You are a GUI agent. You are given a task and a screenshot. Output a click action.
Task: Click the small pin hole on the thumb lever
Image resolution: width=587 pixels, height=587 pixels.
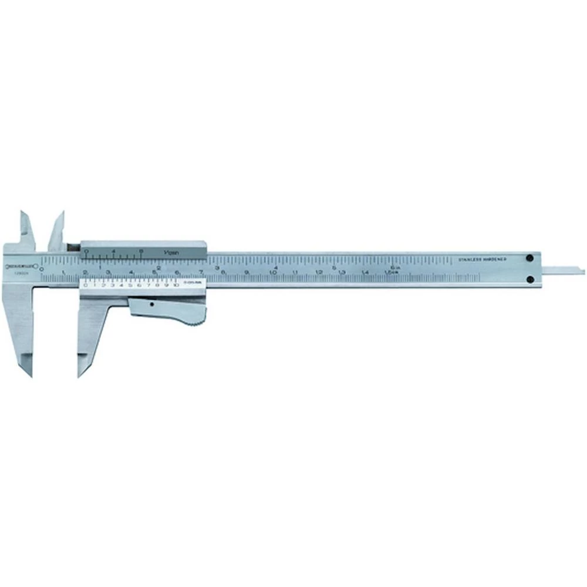tap(151, 305)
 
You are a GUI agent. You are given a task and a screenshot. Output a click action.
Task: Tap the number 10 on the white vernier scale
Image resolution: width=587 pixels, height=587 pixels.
tap(175, 285)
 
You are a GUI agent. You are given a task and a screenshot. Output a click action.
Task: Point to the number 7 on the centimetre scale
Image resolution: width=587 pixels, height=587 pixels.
tap(201, 272)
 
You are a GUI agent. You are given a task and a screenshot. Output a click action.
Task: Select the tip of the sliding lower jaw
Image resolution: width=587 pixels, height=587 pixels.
tap(80, 374)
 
